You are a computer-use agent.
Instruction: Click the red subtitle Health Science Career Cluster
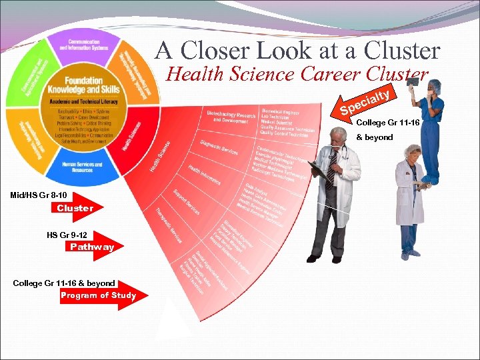point(296,73)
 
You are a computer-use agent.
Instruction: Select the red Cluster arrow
point(75,208)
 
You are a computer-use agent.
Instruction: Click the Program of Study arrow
point(99,295)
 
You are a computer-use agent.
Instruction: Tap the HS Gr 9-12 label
point(67,235)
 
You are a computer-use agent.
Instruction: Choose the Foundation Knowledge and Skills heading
point(84,85)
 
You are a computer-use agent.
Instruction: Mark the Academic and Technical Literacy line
point(84,101)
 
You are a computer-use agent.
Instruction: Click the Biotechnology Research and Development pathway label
point(231,119)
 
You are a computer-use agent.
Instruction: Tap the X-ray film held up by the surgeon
point(413,81)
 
